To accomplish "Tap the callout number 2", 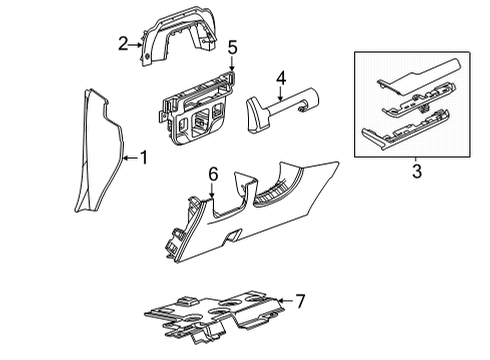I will coord(123,44).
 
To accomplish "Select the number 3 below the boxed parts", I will coord(416,171).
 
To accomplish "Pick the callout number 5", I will coord(232,47).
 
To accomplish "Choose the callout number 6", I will coord(213,175).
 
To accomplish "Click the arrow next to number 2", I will coord(137,44).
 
